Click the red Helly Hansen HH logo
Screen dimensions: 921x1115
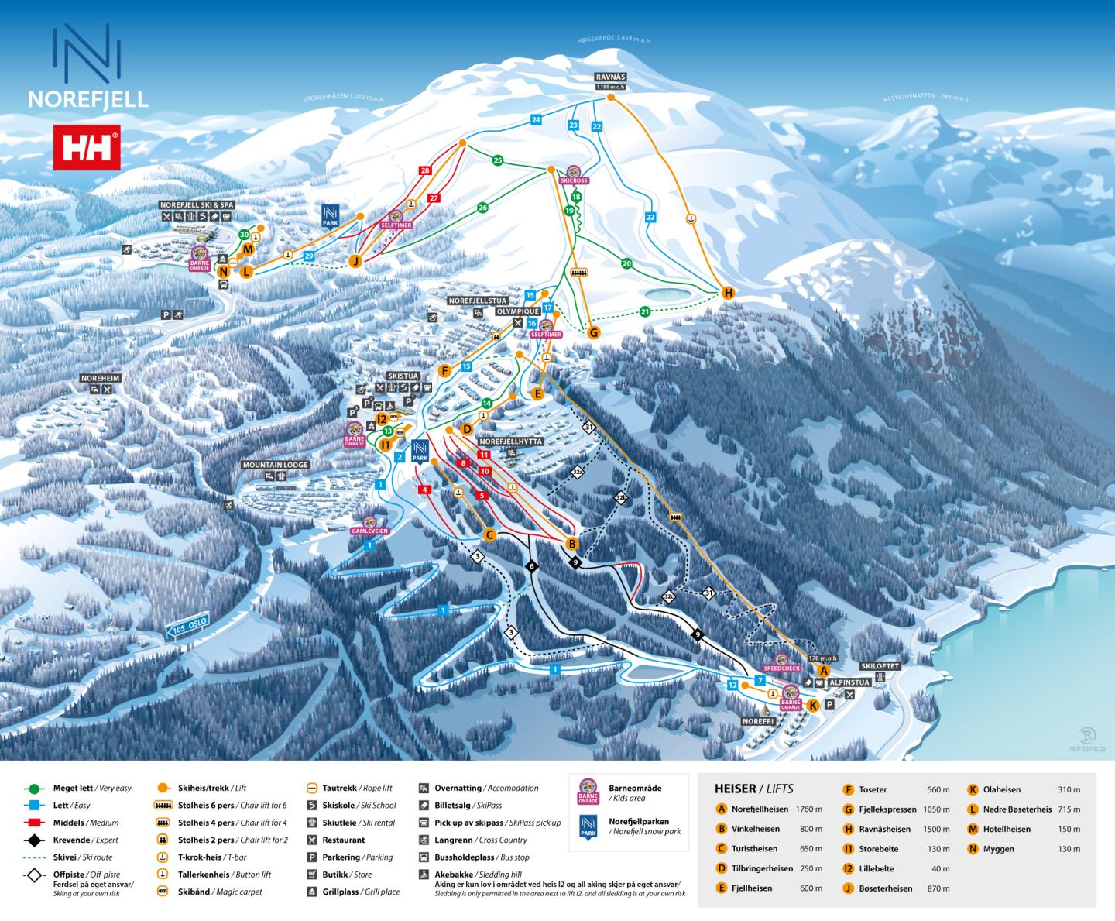click(x=86, y=146)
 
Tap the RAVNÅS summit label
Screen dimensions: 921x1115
click(x=610, y=77)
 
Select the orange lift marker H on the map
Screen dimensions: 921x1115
click(x=727, y=293)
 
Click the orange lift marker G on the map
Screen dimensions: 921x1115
click(x=594, y=332)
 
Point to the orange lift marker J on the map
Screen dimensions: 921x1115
click(x=356, y=260)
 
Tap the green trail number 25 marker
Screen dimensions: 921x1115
click(x=498, y=160)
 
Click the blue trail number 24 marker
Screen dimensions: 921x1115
click(x=536, y=119)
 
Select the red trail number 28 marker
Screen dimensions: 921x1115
click(x=424, y=170)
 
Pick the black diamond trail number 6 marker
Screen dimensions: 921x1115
click(x=531, y=566)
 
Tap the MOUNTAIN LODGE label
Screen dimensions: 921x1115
click(x=276, y=465)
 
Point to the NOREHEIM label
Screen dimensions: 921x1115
click(x=101, y=378)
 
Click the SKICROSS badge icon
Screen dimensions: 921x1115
click(x=574, y=175)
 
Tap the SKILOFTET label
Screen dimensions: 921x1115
click(x=880, y=666)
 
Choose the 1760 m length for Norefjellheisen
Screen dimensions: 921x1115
click(x=808, y=809)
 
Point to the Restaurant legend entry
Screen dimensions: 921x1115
click(x=343, y=840)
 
